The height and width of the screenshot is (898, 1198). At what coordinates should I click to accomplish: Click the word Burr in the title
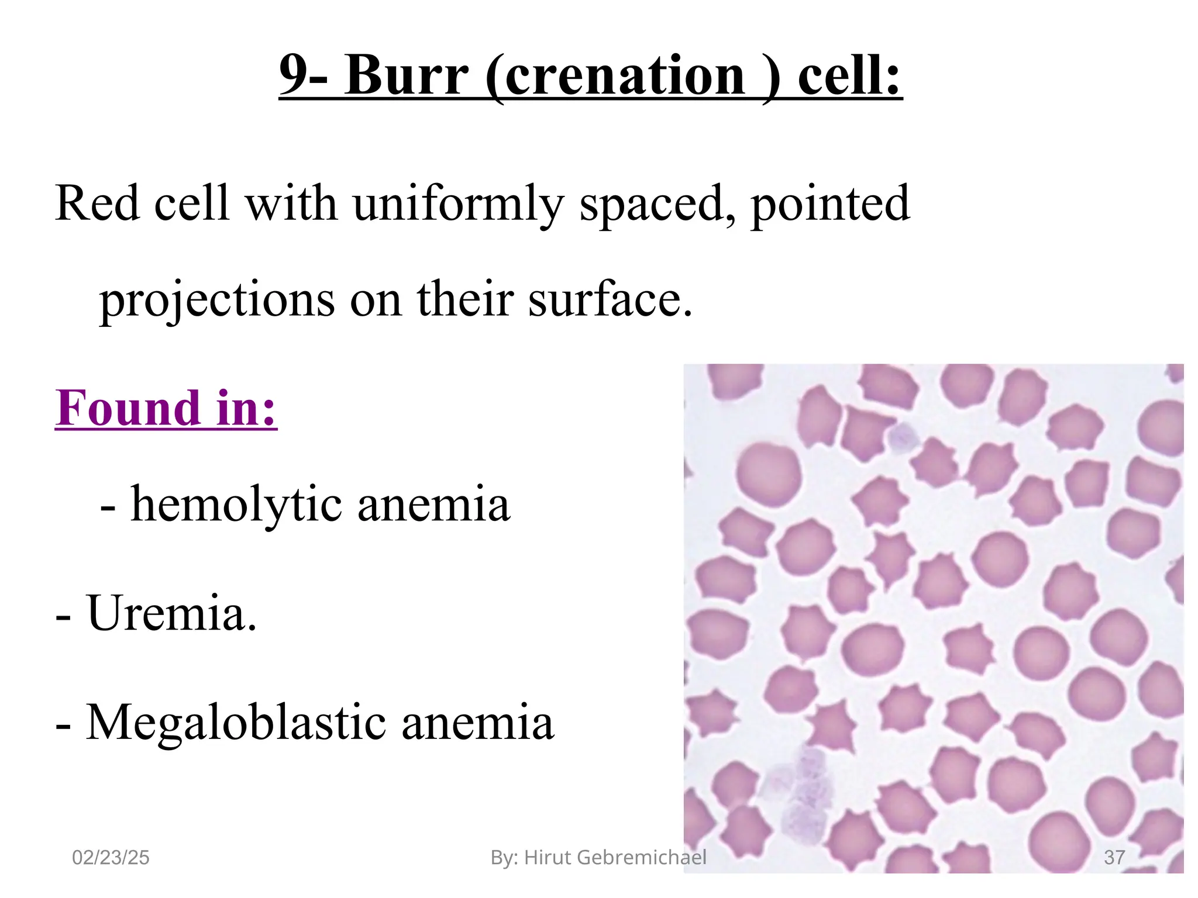406,76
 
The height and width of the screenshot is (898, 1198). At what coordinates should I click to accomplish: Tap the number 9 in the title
293,76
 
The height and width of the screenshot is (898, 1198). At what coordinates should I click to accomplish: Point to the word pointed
830,203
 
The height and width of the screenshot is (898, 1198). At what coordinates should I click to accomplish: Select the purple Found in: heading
166,407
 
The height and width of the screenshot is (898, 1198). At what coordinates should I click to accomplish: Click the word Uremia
171,613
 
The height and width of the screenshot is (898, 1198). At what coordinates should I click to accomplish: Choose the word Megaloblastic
236,723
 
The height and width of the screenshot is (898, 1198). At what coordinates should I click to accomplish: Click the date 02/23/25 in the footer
111,858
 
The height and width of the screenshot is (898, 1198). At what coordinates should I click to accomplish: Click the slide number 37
1114,858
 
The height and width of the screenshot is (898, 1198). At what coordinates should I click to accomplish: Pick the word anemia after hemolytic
433,503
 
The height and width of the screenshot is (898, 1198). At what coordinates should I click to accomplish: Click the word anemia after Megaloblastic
477,723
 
